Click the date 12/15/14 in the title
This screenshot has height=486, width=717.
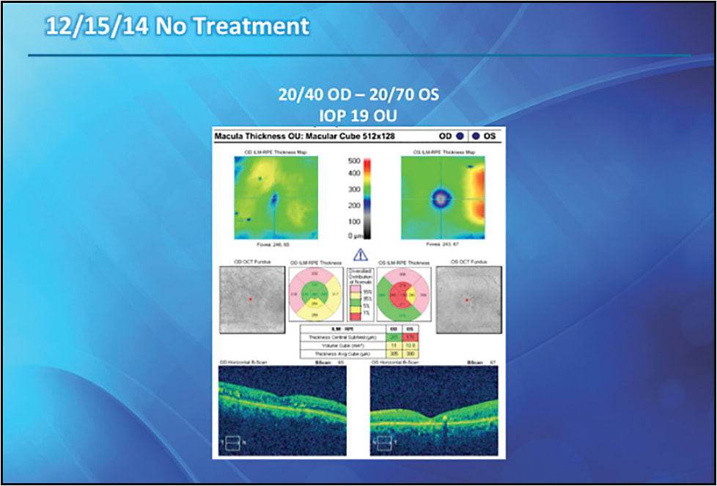click(x=93, y=27)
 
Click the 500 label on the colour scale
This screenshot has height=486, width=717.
click(x=353, y=161)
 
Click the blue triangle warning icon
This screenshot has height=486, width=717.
click(x=360, y=255)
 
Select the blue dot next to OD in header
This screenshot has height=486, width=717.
click(x=459, y=136)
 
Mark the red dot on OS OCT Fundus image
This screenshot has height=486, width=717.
click(x=466, y=300)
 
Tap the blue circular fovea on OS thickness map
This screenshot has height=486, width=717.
click(x=441, y=197)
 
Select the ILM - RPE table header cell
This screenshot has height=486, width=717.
click(x=341, y=329)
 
